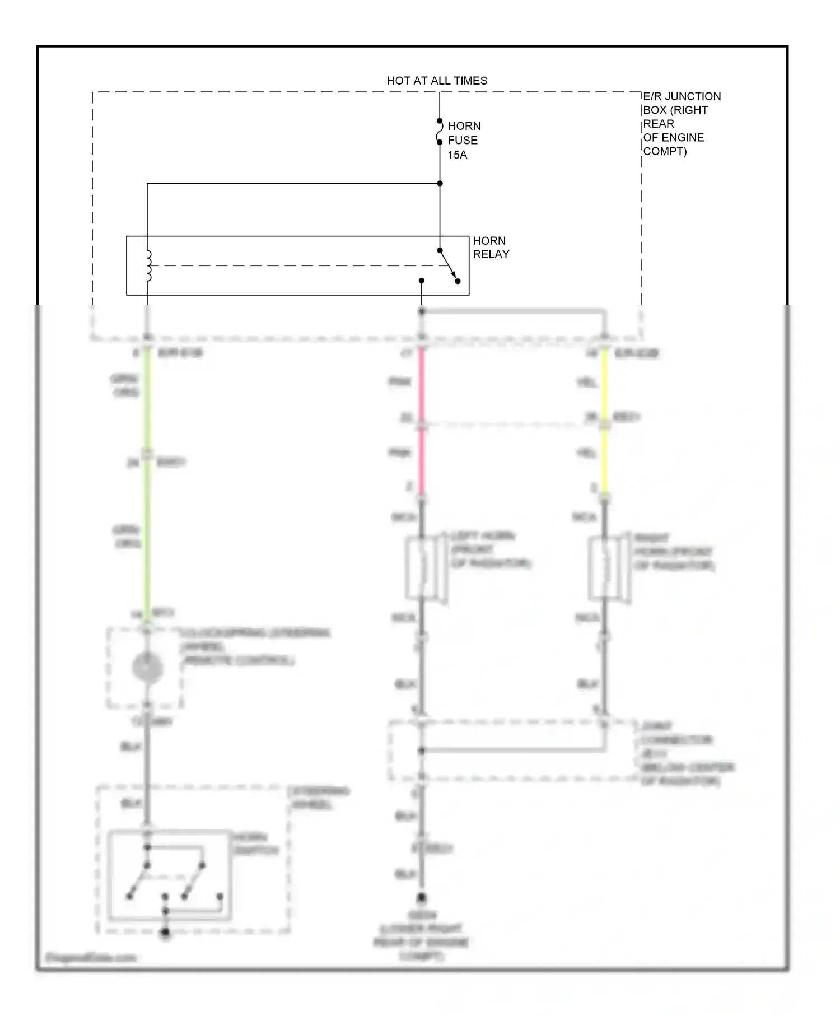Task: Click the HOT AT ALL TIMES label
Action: (x=437, y=81)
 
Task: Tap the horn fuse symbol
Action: (x=440, y=132)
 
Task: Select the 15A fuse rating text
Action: (x=457, y=155)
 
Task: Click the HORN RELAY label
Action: (x=491, y=248)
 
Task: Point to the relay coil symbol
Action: (x=148, y=266)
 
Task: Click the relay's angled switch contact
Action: (x=449, y=265)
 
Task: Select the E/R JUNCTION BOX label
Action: (x=681, y=124)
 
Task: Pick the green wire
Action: (x=147, y=482)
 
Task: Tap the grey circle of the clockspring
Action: (x=147, y=668)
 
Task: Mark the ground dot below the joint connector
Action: (x=422, y=898)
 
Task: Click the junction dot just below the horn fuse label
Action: (x=440, y=183)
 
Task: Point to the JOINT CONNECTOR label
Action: (x=687, y=753)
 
